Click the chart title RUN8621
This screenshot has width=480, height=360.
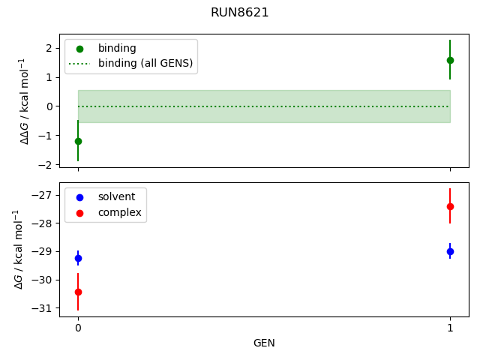[x=240, y=13]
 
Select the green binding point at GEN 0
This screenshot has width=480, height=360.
[x=78, y=142]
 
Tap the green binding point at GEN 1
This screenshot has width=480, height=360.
[x=450, y=60]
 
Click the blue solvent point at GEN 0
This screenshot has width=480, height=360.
[x=78, y=258]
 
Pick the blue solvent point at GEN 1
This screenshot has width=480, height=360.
[x=450, y=252]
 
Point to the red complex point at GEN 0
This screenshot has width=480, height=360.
[x=78, y=292]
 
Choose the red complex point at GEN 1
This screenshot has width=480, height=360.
[x=450, y=207]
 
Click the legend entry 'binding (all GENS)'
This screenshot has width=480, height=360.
[x=145, y=63]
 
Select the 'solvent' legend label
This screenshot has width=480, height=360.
[x=116, y=196]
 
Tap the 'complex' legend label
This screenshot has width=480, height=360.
[x=120, y=212]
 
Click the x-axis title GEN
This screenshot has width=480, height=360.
[x=264, y=343]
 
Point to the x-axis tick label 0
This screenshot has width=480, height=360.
[x=78, y=328]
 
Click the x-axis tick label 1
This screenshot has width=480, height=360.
[x=450, y=328]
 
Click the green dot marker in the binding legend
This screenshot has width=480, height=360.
[x=80, y=49]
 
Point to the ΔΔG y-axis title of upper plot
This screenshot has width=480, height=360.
[x=25, y=101]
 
